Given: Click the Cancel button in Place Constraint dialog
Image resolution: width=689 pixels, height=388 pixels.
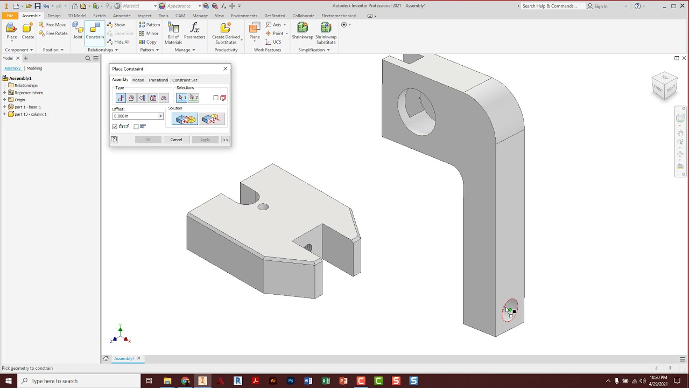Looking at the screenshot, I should pyautogui.click(x=176, y=140).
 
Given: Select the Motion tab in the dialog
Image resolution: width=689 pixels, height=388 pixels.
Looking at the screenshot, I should pyautogui.click(x=138, y=80).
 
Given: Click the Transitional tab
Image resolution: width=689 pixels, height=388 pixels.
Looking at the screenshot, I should pyautogui.click(x=158, y=80).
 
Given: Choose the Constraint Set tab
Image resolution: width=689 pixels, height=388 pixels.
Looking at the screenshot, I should pyautogui.click(x=185, y=80).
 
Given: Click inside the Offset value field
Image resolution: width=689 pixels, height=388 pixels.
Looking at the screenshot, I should pyautogui.click(x=135, y=116).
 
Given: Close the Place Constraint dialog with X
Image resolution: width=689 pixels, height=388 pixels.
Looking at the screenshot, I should pyautogui.click(x=225, y=68).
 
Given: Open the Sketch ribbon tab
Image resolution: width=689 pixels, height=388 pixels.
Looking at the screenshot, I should pyautogui.click(x=99, y=16).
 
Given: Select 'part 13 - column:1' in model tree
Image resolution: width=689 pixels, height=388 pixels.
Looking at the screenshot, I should pyautogui.click(x=30, y=114).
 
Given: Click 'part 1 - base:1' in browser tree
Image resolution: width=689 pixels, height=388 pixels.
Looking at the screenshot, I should pyautogui.click(x=27, y=107).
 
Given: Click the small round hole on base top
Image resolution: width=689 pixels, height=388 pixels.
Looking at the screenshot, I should pyautogui.click(x=263, y=207).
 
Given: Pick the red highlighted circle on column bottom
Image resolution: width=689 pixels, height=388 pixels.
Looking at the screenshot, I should pyautogui.click(x=510, y=310).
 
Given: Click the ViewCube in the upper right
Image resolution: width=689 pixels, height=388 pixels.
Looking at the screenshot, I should pyautogui.click(x=664, y=85).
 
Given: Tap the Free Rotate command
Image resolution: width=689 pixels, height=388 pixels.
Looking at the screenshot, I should pyautogui.click(x=53, y=33).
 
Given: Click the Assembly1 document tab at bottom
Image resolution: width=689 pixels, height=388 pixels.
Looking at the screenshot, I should pyautogui.click(x=124, y=358).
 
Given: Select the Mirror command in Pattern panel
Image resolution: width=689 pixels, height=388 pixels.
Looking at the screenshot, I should pyautogui.click(x=149, y=33).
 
